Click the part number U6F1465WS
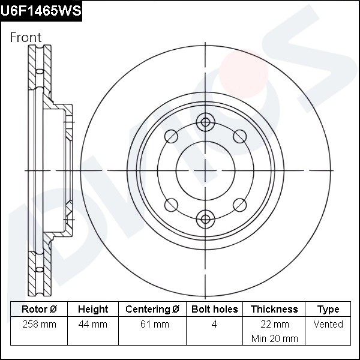click(x=41, y=11)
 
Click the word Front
click(x=26, y=37)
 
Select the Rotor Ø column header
click(x=39, y=310)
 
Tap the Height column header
click(x=93, y=310)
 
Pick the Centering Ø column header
click(x=152, y=310)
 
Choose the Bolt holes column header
click(x=214, y=310)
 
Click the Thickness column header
click(x=274, y=310)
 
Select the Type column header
click(x=328, y=310)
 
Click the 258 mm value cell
click(x=39, y=325)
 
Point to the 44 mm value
click(x=93, y=325)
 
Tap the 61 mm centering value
click(x=152, y=325)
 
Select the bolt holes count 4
click(x=214, y=325)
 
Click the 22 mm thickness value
click(x=274, y=325)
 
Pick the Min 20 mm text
click(x=274, y=338)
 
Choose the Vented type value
click(x=328, y=325)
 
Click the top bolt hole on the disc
click(x=206, y=122)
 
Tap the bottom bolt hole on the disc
click(x=206, y=218)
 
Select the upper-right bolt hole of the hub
click(x=239, y=136)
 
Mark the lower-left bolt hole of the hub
click(x=172, y=204)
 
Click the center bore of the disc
click(x=206, y=170)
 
